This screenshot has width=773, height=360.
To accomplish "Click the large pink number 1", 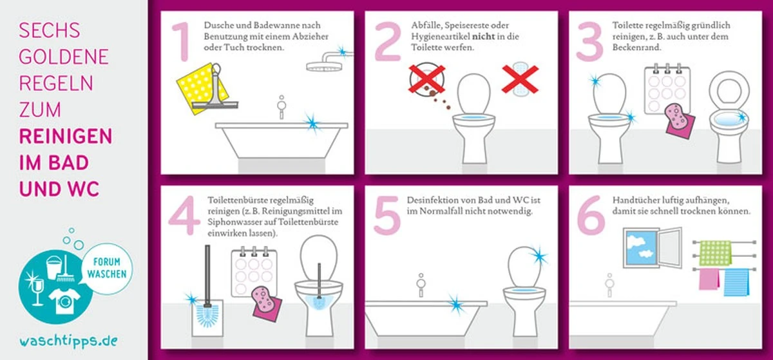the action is coord(181,42).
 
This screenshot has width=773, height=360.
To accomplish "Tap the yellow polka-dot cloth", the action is coord(202,88).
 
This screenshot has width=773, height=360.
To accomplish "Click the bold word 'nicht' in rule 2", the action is coord(484,36).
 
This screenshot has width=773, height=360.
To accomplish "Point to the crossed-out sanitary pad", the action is coord(520,79).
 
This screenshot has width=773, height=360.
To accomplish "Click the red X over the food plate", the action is coord(426,79).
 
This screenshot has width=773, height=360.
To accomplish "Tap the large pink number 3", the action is coord(589,41).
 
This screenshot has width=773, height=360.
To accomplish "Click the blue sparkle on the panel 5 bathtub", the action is coord(455,305).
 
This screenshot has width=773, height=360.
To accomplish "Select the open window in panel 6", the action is coord(653,247).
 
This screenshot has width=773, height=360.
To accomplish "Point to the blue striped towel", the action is coord(736,282).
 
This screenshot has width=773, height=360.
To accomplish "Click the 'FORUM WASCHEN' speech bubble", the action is coord(107,268).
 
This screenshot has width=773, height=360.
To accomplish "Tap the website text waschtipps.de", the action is coord(68,341).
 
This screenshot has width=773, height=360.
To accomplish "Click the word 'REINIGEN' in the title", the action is coord(66,137).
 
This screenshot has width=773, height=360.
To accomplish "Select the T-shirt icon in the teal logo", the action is coord(64,301).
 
